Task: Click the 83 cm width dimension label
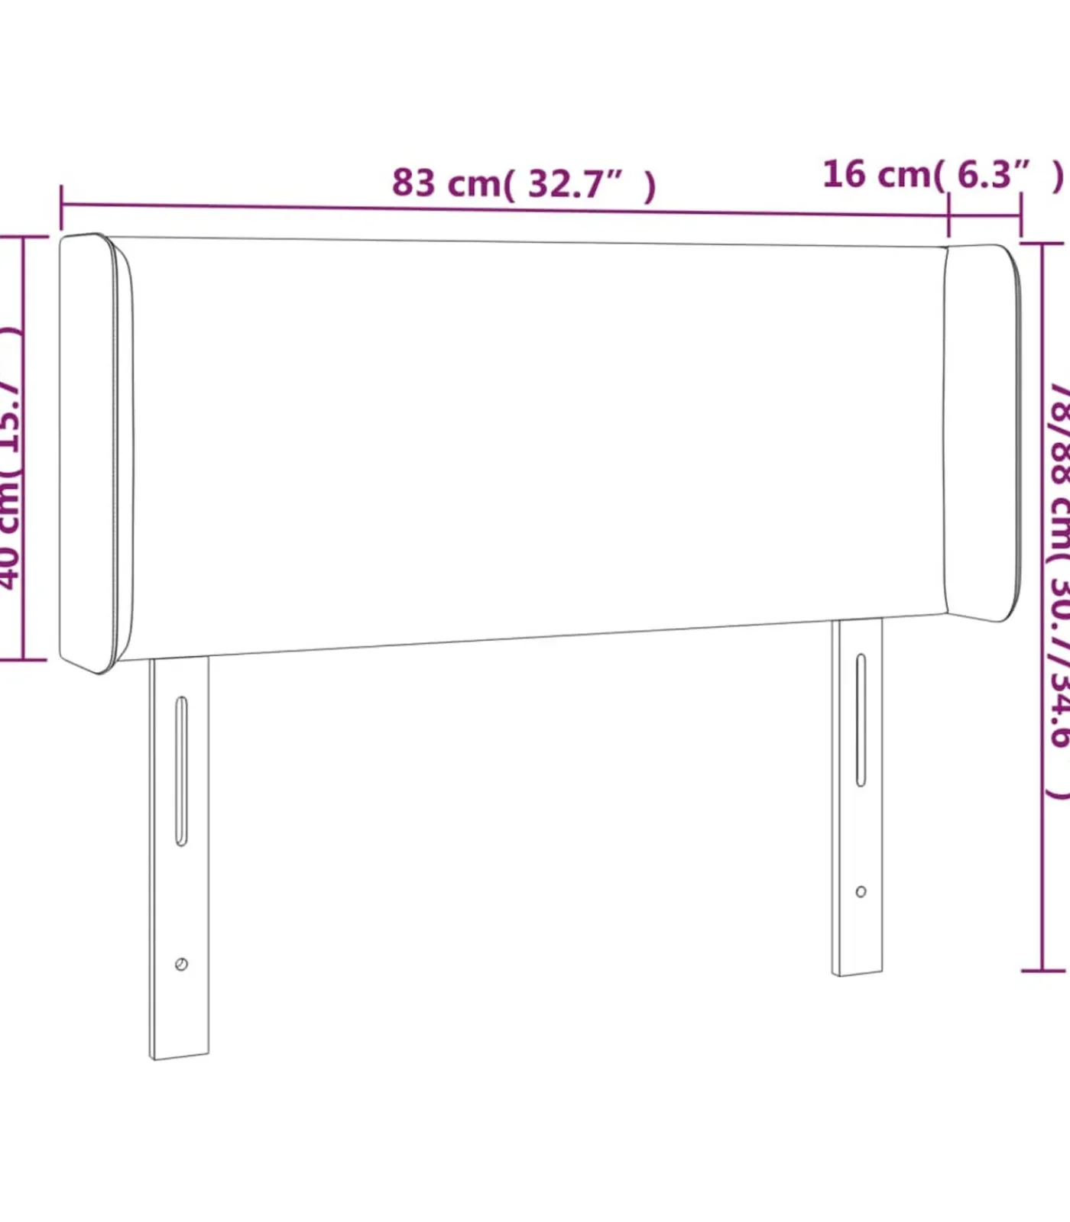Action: pos(523,183)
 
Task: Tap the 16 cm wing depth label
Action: pos(942,175)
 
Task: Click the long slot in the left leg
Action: pos(181,771)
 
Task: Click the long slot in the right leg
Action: pos(861,719)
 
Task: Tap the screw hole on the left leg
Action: pos(181,964)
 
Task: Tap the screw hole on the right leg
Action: pos(861,891)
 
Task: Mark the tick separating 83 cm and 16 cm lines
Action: pos(948,215)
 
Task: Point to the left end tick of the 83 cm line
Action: pos(61,206)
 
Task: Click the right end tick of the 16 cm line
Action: pos(1021,216)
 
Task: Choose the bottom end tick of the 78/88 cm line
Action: pos(1043,971)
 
